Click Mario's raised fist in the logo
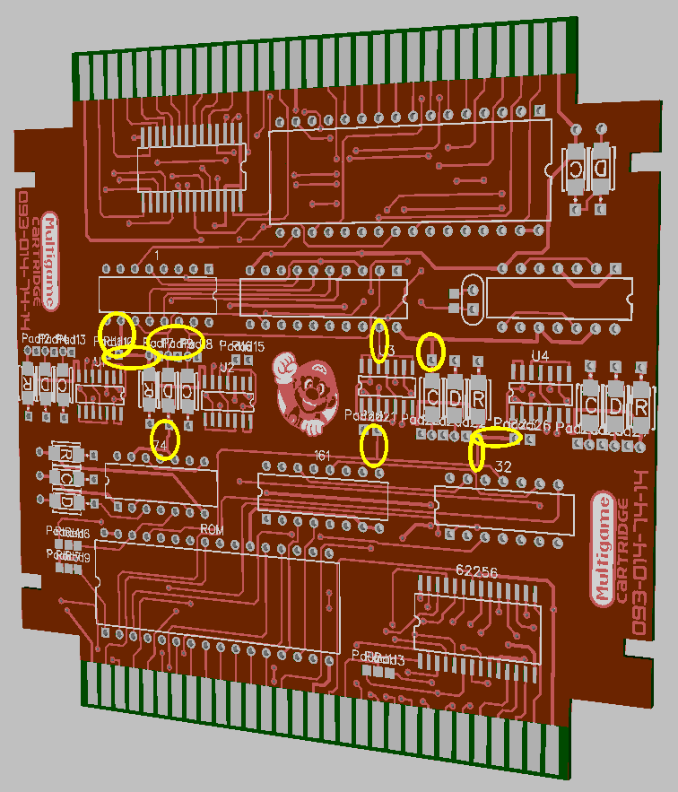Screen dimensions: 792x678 [285, 365]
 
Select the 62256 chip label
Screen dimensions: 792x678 [476, 571]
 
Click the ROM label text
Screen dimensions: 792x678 [212, 530]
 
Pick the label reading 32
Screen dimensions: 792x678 [503, 466]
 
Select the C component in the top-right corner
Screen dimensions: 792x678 [575, 168]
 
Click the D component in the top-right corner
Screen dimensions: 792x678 [601, 168]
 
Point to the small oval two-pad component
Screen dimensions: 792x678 [467, 299]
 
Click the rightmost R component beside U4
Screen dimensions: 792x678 [641, 405]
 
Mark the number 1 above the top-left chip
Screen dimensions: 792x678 [157, 257]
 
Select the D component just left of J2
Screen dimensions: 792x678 [168, 391]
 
